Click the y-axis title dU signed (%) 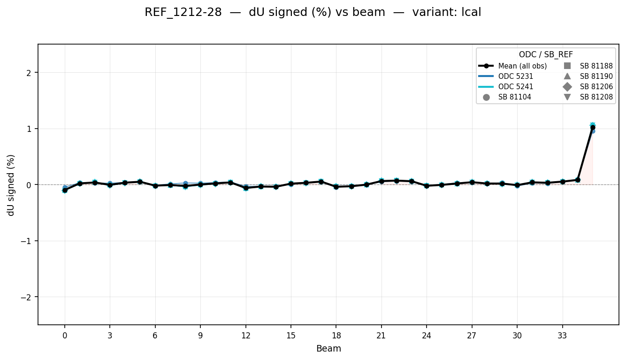pos(11,185)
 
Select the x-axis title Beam pos(328,349)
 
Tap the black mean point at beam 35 pos(593,127)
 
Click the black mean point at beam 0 pos(65,190)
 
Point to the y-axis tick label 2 pos(29,73)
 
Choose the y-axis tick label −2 pos(27,297)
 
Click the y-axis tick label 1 pos(29,129)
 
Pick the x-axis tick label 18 pos(336,336)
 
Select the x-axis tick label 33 pos(562,336)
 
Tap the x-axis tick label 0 pos(65,336)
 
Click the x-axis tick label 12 pos(245,336)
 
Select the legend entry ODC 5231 pos(516,77)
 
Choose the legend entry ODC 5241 pos(516,87)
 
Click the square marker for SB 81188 pos(567,66)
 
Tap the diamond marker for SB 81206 pos(567,87)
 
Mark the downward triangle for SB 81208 pos(567,97)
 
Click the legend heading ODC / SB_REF pos(546,54)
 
